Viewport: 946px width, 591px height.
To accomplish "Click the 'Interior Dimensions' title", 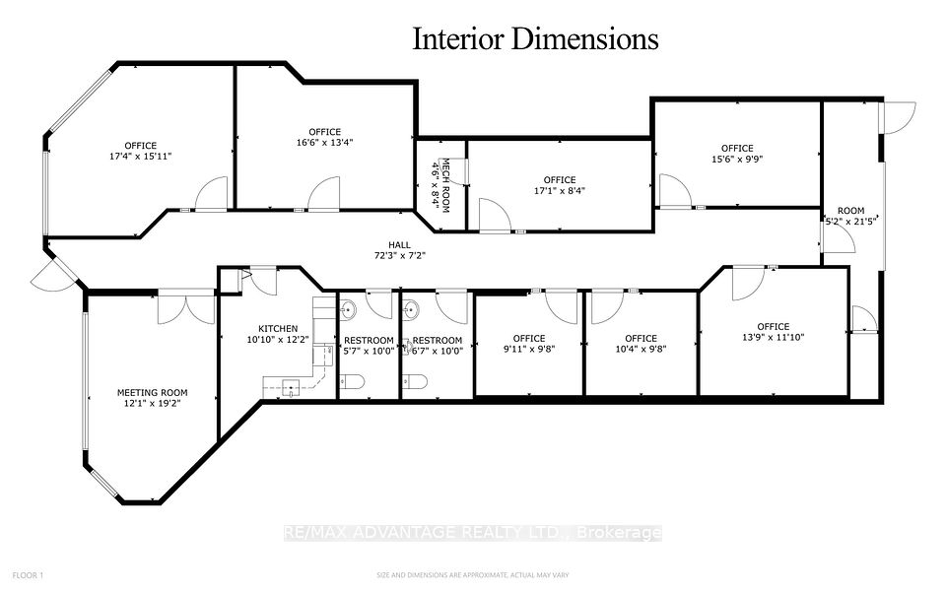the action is (x=535, y=38).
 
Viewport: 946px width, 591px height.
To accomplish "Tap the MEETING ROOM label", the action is (x=152, y=393).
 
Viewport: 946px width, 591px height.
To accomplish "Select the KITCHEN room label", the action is (x=278, y=329).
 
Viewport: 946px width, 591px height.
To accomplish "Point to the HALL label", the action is (x=399, y=245).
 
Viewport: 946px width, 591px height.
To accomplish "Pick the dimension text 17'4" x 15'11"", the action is (x=141, y=157).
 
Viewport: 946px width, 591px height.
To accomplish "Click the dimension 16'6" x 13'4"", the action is (x=324, y=142).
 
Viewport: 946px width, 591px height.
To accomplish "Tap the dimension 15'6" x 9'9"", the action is (x=737, y=160).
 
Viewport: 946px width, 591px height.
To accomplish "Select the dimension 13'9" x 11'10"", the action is (x=774, y=337).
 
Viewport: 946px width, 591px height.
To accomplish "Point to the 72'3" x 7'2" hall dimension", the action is (x=399, y=256).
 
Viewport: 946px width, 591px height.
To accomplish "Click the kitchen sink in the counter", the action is (x=292, y=386).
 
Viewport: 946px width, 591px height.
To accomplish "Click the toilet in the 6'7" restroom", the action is (x=415, y=382).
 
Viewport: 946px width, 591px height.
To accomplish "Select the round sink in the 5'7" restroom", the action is (x=348, y=310).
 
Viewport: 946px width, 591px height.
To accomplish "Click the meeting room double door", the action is (x=186, y=308).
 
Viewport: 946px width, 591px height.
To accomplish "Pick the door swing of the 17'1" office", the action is (x=495, y=215).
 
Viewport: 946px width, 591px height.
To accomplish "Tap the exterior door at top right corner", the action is (x=899, y=118).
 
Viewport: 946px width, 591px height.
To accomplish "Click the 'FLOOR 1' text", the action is (x=29, y=575).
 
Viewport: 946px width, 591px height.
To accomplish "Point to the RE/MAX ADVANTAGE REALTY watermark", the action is (x=472, y=533).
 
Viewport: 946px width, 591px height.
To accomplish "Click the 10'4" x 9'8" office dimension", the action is (x=641, y=349).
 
